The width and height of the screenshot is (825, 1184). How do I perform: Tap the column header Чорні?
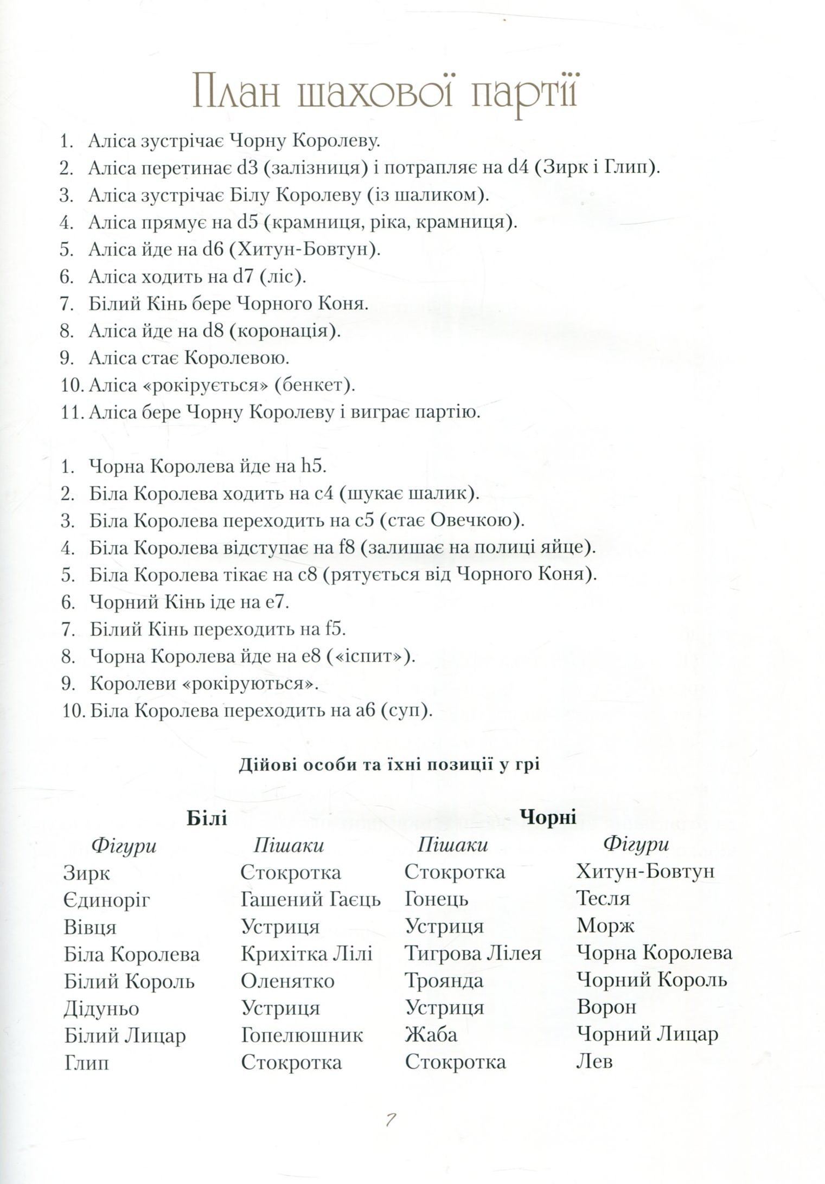click(548, 816)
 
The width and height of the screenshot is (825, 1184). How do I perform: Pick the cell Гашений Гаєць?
click(311, 900)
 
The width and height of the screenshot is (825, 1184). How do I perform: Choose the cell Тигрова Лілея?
click(472, 953)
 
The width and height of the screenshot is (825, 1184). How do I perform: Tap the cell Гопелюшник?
click(302, 1035)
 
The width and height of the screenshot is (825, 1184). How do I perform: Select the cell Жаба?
click(431, 1035)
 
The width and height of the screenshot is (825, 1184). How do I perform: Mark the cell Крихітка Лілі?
click(306, 954)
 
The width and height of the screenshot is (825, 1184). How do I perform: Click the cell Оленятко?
click(287, 981)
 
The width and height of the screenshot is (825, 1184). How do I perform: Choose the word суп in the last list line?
click(404, 711)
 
